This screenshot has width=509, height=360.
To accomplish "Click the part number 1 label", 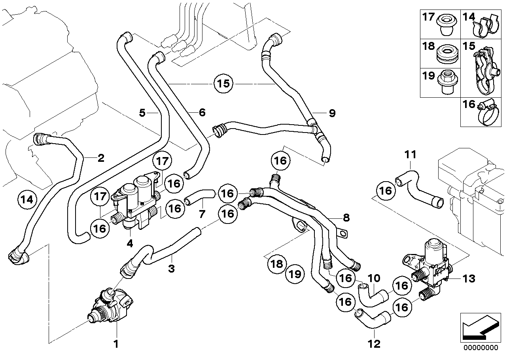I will pyautogui.click(x=116, y=344).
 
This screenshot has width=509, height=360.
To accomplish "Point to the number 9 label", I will pyautogui.click(x=332, y=114).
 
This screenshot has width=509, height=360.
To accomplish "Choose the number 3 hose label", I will pyautogui.click(x=171, y=269).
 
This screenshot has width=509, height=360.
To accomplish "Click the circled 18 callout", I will pyautogui.click(x=278, y=263).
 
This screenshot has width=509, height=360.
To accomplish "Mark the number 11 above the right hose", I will pyautogui.click(x=410, y=154).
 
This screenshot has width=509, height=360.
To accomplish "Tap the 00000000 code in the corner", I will pyautogui.click(x=480, y=348).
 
